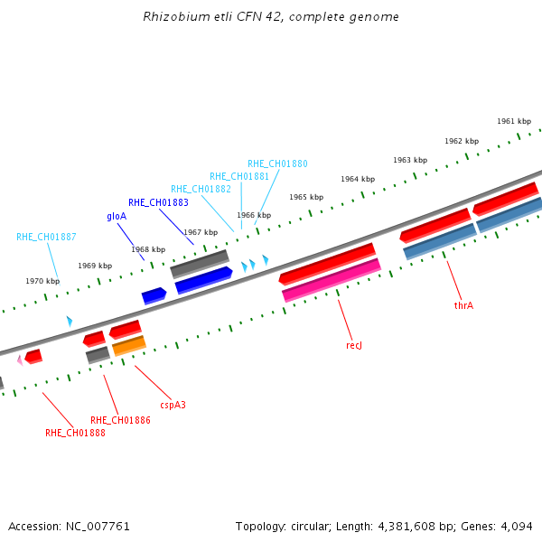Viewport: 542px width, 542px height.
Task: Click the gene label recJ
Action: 353,345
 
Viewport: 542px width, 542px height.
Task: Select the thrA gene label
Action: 463,305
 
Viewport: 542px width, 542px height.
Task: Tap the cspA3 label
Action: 173,405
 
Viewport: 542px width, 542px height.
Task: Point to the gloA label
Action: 117,217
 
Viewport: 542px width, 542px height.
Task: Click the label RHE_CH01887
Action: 46,237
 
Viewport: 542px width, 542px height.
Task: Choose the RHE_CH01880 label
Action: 277,164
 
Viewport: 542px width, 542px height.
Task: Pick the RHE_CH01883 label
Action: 158,202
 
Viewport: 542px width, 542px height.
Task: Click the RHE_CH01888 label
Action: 75,433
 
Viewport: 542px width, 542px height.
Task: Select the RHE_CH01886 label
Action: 120,420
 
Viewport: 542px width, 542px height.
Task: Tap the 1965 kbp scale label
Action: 306,197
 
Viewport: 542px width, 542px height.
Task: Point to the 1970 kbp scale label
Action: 42,281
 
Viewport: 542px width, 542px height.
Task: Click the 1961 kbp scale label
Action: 514,121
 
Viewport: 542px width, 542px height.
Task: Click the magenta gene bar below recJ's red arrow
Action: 332,280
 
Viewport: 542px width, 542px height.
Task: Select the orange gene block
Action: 129,346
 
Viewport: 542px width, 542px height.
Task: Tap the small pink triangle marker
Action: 20,360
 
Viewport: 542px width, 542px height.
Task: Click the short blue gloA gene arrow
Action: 154,296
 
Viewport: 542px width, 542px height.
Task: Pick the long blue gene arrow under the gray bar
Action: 203,280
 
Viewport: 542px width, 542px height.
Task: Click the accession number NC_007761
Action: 98,527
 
